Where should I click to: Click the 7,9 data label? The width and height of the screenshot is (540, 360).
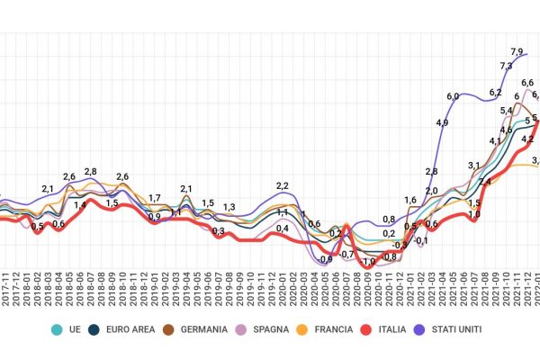click(x=517, y=50)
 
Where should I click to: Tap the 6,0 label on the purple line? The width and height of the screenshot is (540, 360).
click(x=452, y=95)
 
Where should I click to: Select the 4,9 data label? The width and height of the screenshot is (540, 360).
click(x=441, y=122)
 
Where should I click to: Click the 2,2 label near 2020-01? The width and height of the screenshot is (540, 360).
click(x=282, y=185)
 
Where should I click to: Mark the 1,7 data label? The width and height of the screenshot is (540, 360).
click(x=155, y=198)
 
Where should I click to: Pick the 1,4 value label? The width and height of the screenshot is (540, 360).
click(x=80, y=205)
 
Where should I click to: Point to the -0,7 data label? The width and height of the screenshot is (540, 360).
click(x=347, y=255)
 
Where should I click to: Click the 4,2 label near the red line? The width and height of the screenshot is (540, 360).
click(x=527, y=139)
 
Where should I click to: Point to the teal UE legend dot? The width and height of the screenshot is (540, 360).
click(x=58, y=329)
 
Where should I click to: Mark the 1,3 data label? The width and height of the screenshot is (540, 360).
click(x=229, y=207)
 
